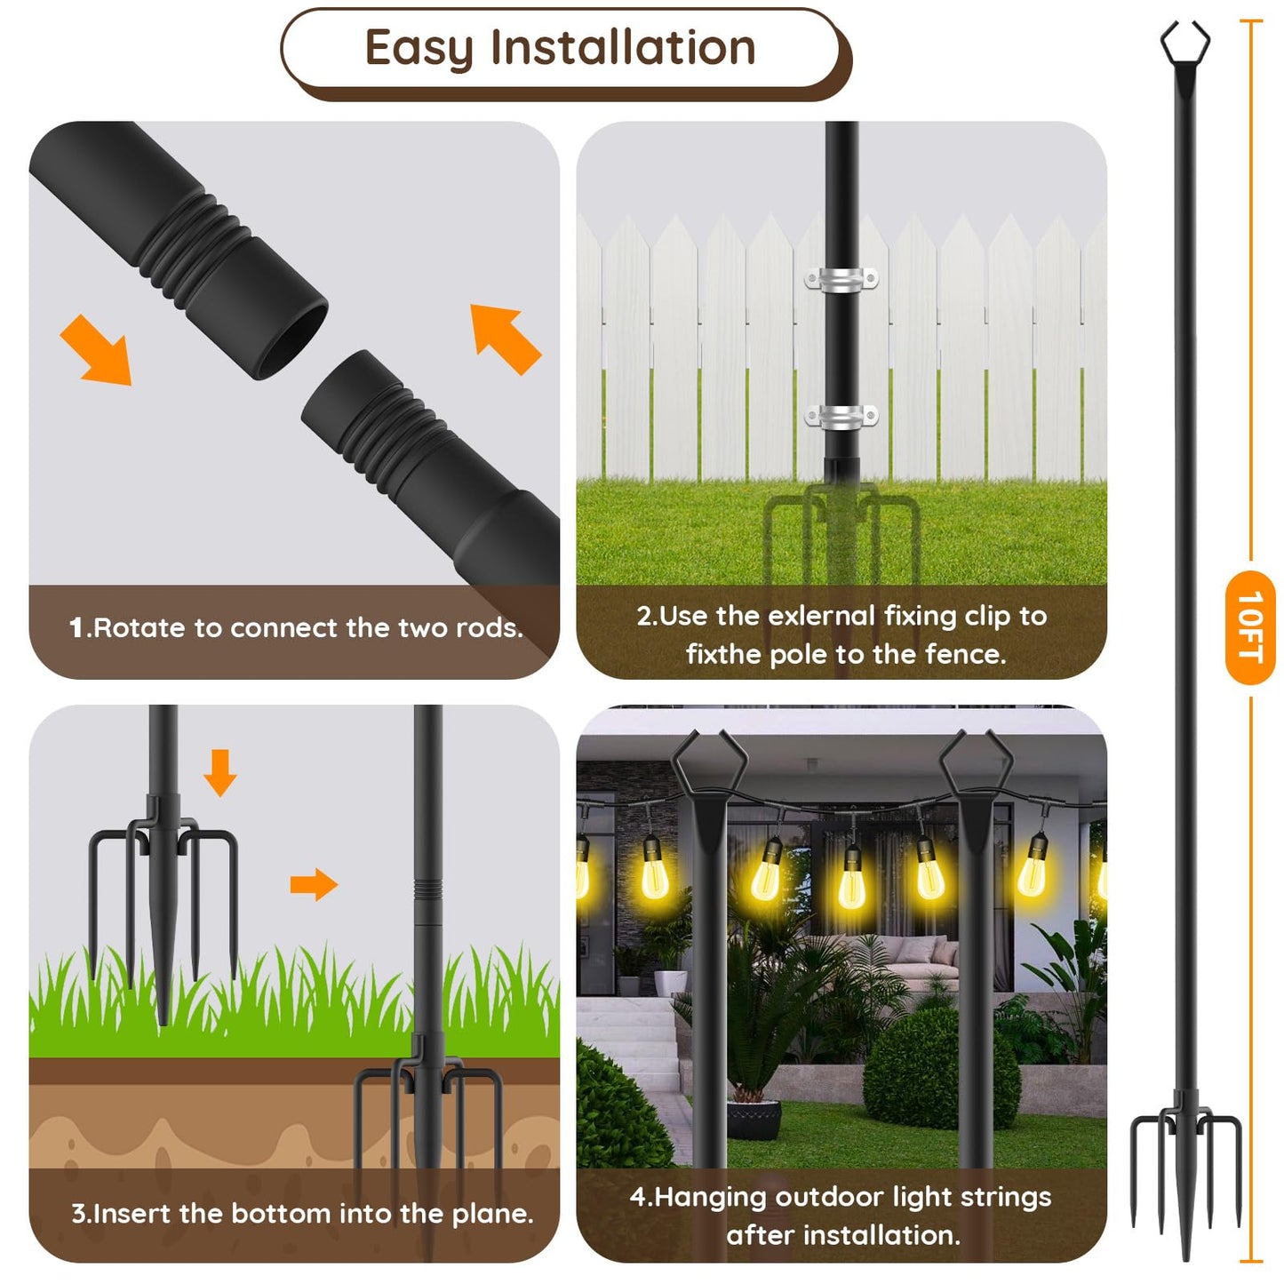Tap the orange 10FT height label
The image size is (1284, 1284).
coord(1249,626)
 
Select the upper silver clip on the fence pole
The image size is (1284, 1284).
coord(841,278)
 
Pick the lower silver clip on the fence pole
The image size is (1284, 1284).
coord(841,415)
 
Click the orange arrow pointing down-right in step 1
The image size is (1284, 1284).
coord(97,349)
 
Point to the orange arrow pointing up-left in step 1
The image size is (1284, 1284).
coord(505,339)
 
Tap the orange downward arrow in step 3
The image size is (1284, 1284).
coord(219,771)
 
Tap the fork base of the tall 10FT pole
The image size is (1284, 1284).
coord(1185,1155)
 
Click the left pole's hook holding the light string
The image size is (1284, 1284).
coord(708,764)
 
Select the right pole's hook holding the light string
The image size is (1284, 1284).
coord(976,764)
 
